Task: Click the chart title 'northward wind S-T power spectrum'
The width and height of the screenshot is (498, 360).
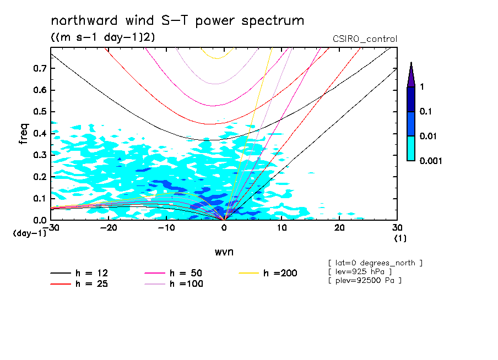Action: (x=177, y=21)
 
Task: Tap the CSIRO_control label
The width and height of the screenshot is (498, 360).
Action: (x=365, y=39)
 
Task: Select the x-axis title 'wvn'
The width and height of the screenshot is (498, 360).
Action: (x=224, y=252)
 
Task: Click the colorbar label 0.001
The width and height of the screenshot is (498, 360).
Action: (x=431, y=161)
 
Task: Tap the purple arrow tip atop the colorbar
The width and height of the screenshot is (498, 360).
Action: (x=411, y=70)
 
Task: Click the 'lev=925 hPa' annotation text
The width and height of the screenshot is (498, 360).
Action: (x=361, y=272)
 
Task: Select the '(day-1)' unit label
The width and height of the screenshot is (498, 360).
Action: (x=30, y=233)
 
